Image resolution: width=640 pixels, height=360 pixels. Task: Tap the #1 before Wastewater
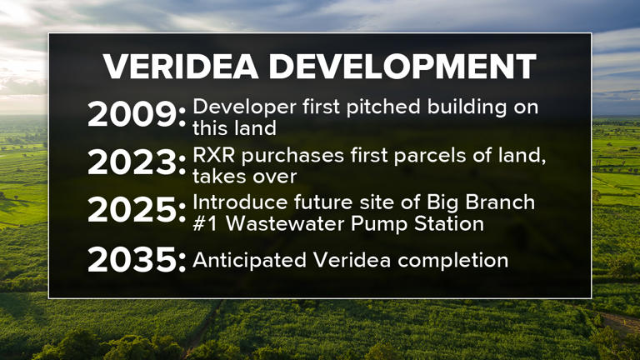tap(204, 223)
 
